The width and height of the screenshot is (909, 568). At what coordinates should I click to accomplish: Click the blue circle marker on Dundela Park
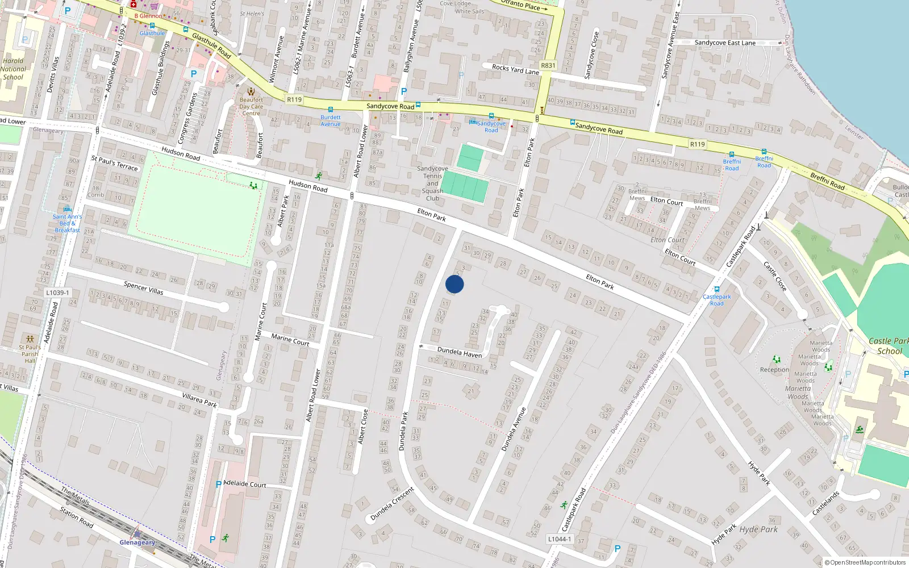pyautogui.click(x=454, y=284)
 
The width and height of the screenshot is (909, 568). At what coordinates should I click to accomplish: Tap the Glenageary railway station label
pyautogui.click(x=137, y=542)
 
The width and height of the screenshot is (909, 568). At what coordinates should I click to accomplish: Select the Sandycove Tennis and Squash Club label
pyautogui.click(x=432, y=183)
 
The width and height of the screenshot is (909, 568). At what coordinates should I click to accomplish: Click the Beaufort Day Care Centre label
pyautogui.click(x=251, y=106)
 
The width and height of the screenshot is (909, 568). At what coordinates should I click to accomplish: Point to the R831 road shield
pyautogui.click(x=548, y=65)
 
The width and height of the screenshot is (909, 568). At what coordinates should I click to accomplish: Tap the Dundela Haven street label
pyautogui.click(x=459, y=352)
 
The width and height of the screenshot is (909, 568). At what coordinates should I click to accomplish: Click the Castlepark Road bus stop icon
pyautogui.click(x=717, y=289)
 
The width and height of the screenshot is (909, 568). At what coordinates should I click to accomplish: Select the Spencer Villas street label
pyautogui.click(x=143, y=288)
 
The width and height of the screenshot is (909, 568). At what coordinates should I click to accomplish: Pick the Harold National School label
pyautogui.click(x=13, y=69)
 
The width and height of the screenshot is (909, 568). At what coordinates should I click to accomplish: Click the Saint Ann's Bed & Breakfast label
pyautogui.click(x=67, y=223)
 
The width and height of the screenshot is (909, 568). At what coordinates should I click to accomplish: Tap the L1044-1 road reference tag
pyautogui.click(x=560, y=538)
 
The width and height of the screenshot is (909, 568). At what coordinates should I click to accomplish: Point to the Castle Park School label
pyautogui.click(x=889, y=346)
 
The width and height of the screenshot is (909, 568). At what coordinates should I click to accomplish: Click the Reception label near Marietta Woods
pyautogui.click(x=774, y=370)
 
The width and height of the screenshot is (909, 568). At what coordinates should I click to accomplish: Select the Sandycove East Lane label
pyautogui.click(x=725, y=43)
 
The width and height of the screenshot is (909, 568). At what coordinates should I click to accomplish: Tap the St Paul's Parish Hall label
pyautogui.click(x=30, y=353)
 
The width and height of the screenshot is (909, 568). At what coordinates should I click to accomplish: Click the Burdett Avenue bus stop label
pyautogui.click(x=330, y=120)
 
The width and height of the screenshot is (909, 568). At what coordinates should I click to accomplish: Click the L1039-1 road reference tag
pyautogui.click(x=57, y=293)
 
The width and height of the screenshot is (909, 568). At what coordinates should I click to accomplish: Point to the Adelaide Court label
pyautogui.click(x=245, y=484)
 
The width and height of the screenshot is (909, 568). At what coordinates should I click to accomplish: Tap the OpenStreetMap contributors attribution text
pyautogui.click(x=865, y=562)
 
